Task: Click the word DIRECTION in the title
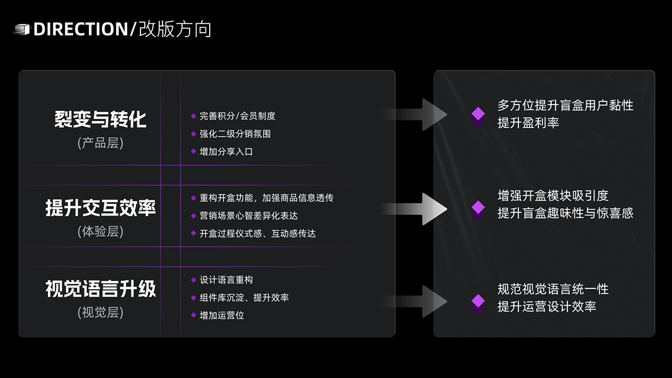(81, 29)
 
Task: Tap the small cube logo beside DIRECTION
(21, 29)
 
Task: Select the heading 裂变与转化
(100, 120)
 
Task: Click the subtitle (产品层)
(100, 143)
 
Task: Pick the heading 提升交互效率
(100, 208)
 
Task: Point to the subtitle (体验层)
(100, 231)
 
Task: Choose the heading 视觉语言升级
(100, 289)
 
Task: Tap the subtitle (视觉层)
(100, 312)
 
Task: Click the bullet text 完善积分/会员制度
(237, 116)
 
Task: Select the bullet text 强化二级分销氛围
(235, 134)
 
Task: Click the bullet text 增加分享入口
(226, 151)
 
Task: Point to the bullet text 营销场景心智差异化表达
(248, 215)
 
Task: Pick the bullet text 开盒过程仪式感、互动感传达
(257, 233)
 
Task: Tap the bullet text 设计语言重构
(226, 280)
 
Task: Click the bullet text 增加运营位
(222, 315)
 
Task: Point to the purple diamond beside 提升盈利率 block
(479, 114)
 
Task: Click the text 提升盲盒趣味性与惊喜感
(565, 213)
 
